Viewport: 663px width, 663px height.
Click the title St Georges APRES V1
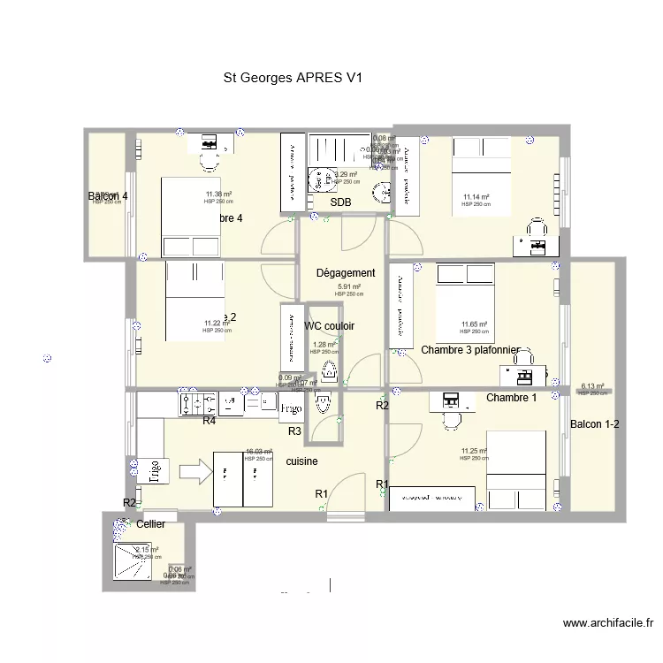coord(294,78)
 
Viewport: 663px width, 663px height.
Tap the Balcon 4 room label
coord(108,196)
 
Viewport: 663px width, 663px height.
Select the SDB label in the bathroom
coord(340,202)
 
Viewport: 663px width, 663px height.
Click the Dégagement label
coord(346,273)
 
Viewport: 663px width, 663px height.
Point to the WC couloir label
coord(329,326)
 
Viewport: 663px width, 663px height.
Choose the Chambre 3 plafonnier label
coord(469,350)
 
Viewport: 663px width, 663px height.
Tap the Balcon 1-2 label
coord(594,424)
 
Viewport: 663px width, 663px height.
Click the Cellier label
coord(151,524)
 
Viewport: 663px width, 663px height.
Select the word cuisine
coord(301,461)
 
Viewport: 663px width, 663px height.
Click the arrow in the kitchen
coord(200,469)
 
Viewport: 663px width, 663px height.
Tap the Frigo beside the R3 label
coord(291,408)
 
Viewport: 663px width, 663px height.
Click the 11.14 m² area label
coord(476,197)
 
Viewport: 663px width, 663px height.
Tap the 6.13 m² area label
coord(592,386)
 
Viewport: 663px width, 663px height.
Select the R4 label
coord(210,422)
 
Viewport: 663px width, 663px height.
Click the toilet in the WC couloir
coord(330,370)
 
